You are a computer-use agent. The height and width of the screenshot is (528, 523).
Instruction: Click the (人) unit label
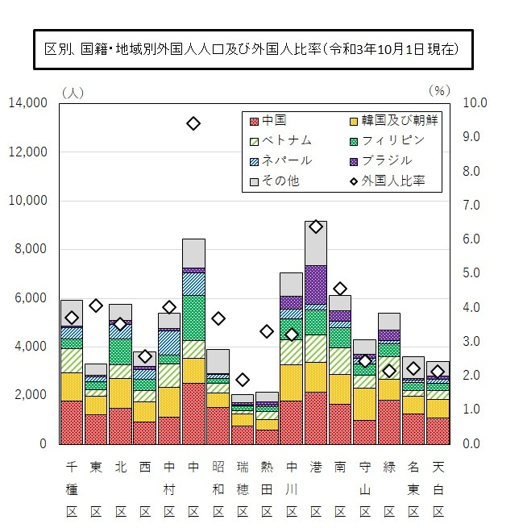pyautogui.click(x=71, y=91)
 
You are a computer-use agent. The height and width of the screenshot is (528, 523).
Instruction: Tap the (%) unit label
pyautogui.click(x=439, y=91)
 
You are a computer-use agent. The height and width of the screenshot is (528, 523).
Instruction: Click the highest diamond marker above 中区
pyautogui.click(x=193, y=123)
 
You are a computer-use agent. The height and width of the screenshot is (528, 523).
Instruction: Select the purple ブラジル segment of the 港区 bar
pyautogui.click(x=316, y=285)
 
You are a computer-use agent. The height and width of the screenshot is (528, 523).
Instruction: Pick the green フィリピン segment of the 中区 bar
pyautogui.click(x=193, y=318)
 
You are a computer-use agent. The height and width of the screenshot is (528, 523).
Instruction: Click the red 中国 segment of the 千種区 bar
pyautogui.click(x=72, y=422)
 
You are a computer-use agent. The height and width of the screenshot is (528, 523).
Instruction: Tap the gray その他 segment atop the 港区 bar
pyautogui.click(x=316, y=243)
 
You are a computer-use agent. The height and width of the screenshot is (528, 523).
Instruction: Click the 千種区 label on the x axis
pyautogui.click(x=72, y=489)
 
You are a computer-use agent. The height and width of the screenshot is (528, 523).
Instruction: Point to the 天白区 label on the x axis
pyautogui.click(x=438, y=489)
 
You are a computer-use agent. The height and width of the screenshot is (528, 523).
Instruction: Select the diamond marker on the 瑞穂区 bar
pyautogui.click(x=243, y=380)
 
